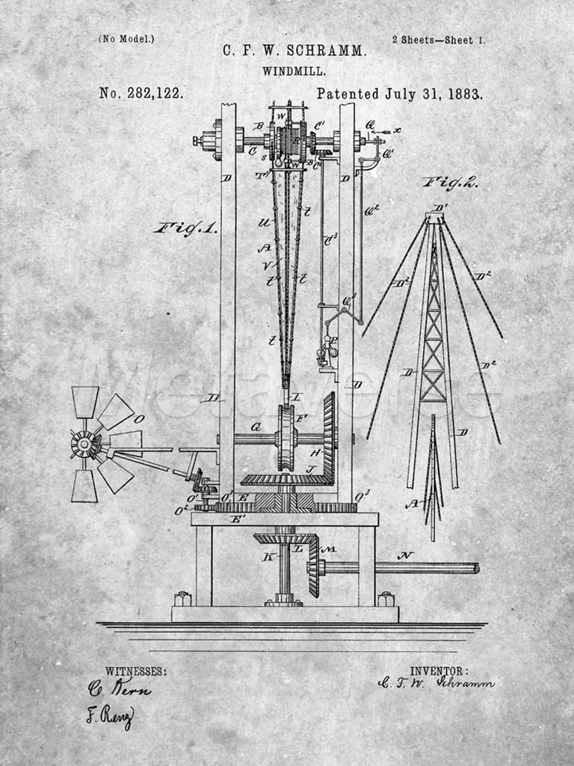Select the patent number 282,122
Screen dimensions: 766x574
click(155, 94)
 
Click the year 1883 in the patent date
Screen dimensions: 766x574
click(465, 94)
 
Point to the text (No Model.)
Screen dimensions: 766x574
click(126, 39)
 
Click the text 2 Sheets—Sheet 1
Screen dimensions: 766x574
click(438, 40)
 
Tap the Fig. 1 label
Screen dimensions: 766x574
click(186, 228)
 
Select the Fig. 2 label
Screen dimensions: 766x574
click(450, 182)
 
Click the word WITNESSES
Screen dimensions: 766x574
click(136, 671)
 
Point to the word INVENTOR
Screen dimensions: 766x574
click(439, 671)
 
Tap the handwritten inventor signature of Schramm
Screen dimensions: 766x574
click(436, 682)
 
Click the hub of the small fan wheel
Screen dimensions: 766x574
click(84, 444)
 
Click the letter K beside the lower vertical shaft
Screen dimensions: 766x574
click(267, 557)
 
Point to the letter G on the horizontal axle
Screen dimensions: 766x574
click(256, 427)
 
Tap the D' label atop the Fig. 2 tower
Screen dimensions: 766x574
click(440, 207)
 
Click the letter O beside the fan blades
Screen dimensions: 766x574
click(139, 419)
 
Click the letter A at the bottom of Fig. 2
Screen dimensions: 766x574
click(411, 504)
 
